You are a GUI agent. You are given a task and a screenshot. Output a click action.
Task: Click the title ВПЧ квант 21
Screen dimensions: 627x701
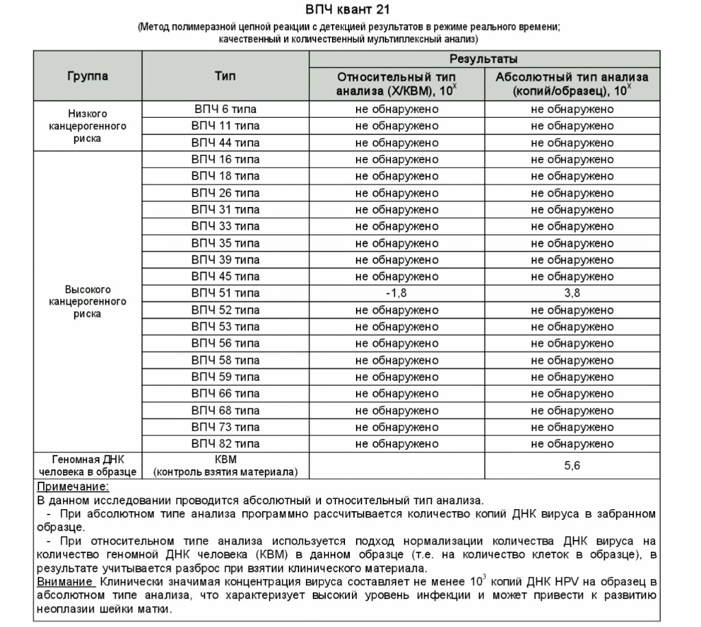click(350, 10)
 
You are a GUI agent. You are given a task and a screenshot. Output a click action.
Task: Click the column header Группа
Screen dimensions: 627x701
click(88, 76)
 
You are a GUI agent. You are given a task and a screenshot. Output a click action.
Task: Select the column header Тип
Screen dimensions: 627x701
click(225, 76)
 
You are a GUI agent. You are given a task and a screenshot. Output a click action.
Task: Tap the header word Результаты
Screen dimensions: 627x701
click(483, 59)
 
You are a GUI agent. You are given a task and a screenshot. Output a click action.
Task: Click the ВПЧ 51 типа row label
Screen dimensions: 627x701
click(225, 293)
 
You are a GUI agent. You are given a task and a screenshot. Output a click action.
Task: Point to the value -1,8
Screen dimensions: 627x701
click(396, 293)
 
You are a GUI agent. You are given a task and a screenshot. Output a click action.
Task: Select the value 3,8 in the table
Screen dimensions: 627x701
click(572, 293)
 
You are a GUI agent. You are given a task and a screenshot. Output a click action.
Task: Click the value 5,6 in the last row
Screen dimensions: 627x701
click(572, 465)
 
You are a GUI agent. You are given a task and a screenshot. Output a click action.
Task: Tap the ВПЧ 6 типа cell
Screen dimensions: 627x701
click(225, 109)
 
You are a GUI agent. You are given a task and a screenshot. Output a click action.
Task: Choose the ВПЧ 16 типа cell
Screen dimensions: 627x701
click(225, 160)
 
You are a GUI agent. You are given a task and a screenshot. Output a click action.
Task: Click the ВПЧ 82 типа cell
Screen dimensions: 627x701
click(225, 443)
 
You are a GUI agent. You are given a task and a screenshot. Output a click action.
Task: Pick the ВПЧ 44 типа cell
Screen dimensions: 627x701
click(225, 143)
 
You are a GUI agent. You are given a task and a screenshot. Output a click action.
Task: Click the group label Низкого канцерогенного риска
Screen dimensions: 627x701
click(88, 126)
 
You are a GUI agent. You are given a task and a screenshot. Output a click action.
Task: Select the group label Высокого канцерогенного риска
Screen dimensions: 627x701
click(88, 302)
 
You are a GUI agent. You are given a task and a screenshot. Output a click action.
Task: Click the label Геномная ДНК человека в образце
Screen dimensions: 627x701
click(88, 465)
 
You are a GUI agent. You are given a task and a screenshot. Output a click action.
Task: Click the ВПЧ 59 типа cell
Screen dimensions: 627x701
click(225, 377)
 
